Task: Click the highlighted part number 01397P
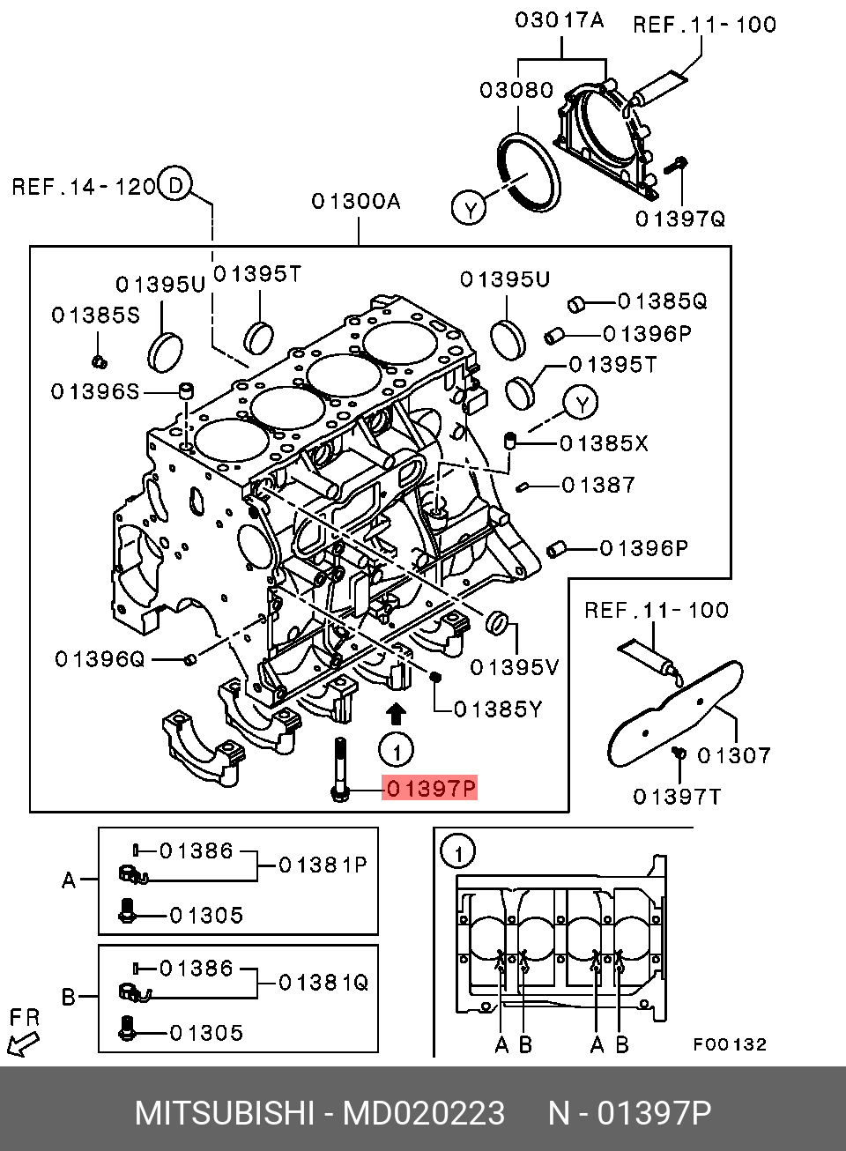[430, 788]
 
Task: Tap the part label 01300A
[355, 202]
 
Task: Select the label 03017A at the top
[560, 20]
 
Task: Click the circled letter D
[176, 185]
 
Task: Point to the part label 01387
[597, 485]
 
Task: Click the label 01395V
[514, 667]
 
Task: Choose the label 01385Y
[498, 709]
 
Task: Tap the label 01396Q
[100, 659]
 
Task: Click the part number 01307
[733, 755]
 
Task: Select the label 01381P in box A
[323, 865]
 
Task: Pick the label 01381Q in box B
[323, 983]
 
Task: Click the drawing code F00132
[730, 1044]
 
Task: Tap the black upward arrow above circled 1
[397, 713]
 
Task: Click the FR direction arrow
[23, 1044]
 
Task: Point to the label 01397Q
[680, 218]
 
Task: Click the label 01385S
[95, 316]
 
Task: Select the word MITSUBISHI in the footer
[224, 1113]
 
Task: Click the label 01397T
[677, 797]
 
